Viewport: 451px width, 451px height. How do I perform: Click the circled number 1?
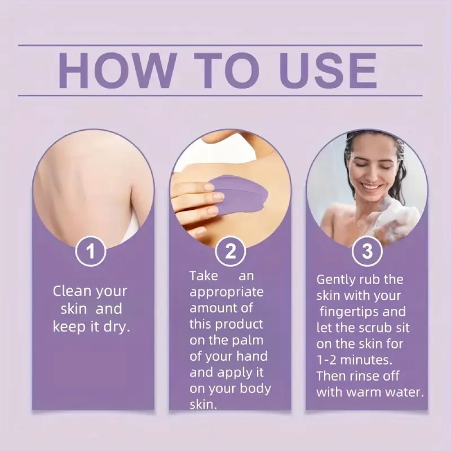point(91,251)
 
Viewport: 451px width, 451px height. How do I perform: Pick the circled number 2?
point(230,251)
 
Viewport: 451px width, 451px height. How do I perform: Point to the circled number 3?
point(367,251)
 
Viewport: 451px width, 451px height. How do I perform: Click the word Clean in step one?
point(72,291)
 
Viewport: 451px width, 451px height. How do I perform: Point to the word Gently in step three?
point(335,280)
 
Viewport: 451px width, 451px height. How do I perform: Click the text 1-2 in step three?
point(326,360)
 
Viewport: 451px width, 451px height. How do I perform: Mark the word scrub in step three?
point(371,327)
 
